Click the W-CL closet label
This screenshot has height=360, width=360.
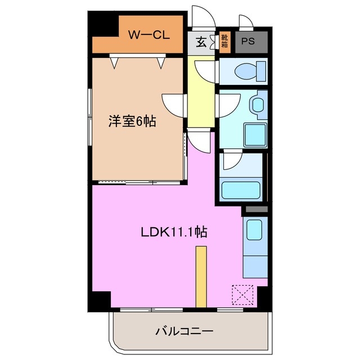point(149,35)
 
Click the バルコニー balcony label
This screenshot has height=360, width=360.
point(184,331)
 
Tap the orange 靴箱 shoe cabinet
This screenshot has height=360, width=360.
point(224,42)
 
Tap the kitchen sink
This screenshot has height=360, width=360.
point(254,229)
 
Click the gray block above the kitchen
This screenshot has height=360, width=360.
point(255,210)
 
